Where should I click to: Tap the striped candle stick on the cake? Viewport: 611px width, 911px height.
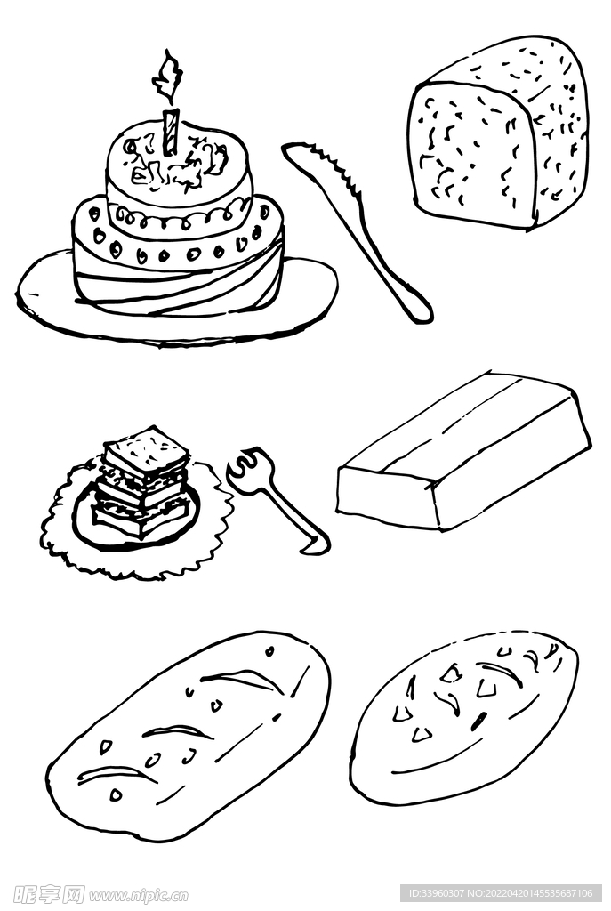click(170, 132)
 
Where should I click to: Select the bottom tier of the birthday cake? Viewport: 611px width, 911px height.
click(178, 261)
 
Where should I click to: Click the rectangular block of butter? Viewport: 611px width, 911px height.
click(462, 450)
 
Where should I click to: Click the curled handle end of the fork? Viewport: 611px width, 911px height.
click(314, 544)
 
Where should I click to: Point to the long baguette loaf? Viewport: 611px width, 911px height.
click(189, 736)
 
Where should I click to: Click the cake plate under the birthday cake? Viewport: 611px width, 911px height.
click(176, 299)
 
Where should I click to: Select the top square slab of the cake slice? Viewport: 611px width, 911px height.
click(147, 449)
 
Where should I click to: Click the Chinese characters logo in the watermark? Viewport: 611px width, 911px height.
click(49, 893)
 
